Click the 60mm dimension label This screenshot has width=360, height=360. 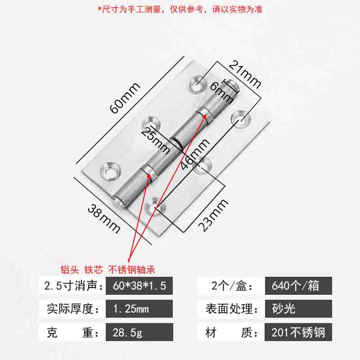(125, 98)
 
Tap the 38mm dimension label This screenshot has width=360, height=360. (104, 218)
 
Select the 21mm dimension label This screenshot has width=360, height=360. (245, 74)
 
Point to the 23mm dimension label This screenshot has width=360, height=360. (213, 215)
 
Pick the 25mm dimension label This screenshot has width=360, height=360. (155, 140)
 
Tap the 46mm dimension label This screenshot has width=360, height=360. (195, 154)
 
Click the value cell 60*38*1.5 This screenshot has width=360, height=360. (139, 286)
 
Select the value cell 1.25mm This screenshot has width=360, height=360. (139, 309)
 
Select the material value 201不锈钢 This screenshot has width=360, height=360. (298, 332)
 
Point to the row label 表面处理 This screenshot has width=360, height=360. (232, 309)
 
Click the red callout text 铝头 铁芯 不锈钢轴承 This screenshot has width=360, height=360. (108, 270)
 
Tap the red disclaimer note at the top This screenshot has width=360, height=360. (180, 9)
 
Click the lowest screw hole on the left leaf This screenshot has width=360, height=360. (110, 171)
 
